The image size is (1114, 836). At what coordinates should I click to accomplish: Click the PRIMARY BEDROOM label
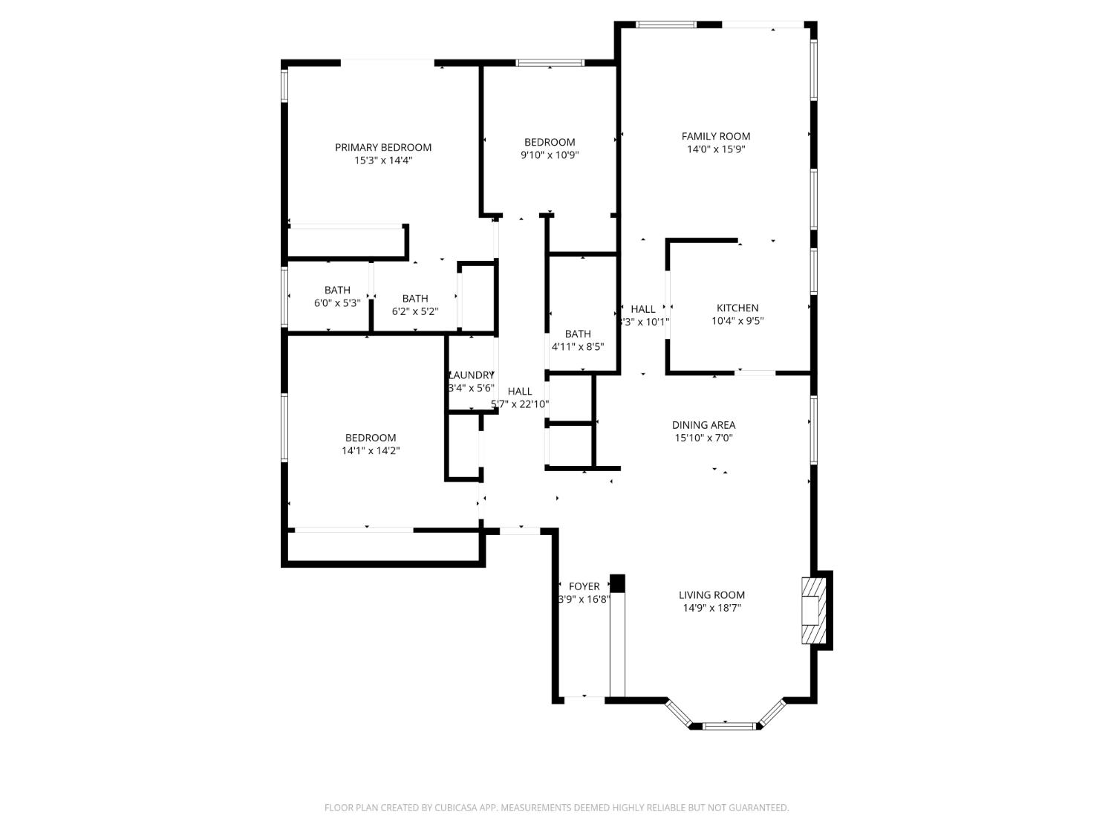tap(382, 147)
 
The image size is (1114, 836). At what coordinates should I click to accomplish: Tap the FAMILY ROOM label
tap(716, 136)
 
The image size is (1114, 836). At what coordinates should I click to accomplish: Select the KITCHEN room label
tap(737, 308)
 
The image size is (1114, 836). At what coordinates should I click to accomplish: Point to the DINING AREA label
tap(703, 425)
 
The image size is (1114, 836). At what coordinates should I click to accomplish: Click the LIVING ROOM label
tap(711, 594)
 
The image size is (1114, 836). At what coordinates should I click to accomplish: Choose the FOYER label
tap(584, 586)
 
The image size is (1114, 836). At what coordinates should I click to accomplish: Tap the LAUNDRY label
tap(471, 375)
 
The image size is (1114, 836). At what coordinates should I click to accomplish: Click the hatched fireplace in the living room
tap(812, 609)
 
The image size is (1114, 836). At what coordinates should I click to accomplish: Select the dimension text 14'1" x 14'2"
tap(371, 450)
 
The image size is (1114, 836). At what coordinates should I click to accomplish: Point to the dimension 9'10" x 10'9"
tap(550, 155)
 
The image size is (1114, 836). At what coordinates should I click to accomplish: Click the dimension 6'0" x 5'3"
tap(337, 303)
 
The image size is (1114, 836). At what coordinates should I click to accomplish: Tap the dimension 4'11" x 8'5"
tap(577, 346)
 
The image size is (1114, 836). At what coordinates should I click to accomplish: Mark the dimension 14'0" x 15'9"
tap(716, 149)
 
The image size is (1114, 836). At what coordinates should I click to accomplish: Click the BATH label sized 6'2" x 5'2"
tap(415, 299)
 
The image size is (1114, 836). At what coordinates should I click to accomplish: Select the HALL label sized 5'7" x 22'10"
tap(520, 391)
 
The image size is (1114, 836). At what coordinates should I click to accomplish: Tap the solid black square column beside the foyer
tap(617, 583)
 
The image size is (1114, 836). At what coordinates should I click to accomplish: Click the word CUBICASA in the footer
tap(455, 808)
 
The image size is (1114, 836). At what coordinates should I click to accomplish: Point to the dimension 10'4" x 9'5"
tap(737, 321)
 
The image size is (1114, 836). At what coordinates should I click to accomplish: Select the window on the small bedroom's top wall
tap(550, 63)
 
